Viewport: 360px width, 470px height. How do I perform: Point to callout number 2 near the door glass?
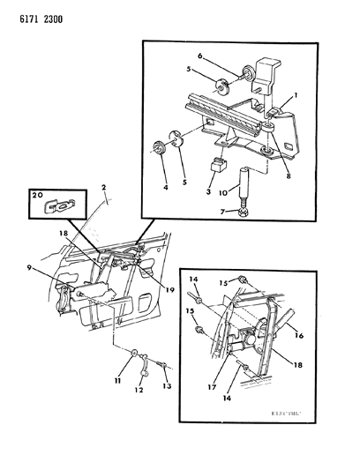pyautogui.click(x=103, y=188)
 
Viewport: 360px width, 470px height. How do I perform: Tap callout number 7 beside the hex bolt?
pyautogui.click(x=224, y=211)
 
